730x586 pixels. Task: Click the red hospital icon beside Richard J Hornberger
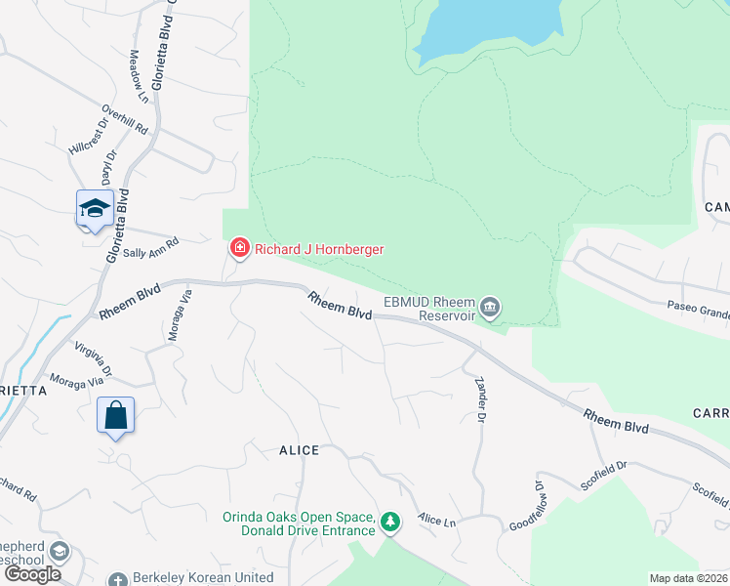pos(238,249)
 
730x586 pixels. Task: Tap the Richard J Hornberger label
pos(319,249)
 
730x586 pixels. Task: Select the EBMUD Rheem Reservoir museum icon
pos(490,309)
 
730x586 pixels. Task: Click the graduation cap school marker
pos(95,208)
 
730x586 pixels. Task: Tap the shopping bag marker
pos(115,415)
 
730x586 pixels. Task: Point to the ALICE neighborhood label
pos(299,450)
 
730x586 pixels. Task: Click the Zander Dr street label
pos(479,400)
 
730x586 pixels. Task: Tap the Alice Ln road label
pos(436,521)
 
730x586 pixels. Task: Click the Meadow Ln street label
pos(139,77)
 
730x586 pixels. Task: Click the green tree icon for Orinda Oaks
pos(390,523)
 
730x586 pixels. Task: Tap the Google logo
pos(33,574)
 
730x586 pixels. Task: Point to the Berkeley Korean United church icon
pos(119,578)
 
